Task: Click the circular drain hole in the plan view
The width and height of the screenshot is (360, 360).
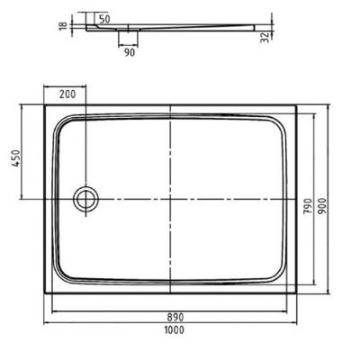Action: [86, 197]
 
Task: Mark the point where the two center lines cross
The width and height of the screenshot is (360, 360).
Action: [171, 197]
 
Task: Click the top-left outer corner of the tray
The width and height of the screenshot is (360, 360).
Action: [45, 105]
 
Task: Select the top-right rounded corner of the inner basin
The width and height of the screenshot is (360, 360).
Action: [285, 121]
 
